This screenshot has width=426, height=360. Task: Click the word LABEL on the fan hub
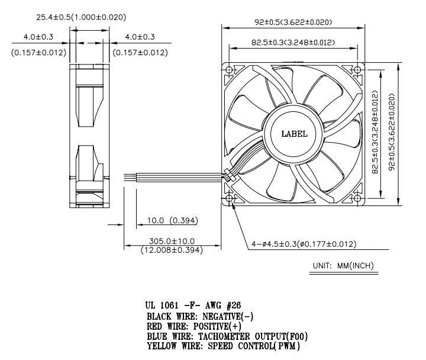[x=293, y=134]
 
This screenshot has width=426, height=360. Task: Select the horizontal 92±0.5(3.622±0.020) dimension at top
[x=293, y=22]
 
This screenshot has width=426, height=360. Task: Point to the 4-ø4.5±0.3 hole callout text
[x=305, y=244]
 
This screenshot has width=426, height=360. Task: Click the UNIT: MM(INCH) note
[x=341, y=266]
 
